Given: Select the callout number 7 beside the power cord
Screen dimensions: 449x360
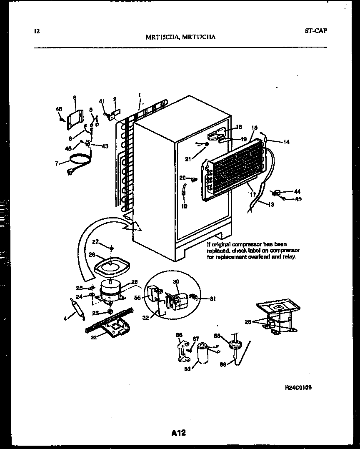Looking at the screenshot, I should (57, 164).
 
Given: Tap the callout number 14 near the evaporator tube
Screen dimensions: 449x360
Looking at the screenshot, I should (286, 142).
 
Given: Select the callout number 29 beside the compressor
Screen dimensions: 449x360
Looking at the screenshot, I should (134, 282).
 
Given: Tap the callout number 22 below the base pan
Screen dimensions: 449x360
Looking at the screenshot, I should (94, 337).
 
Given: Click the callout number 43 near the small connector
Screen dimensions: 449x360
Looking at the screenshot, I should (105, 145).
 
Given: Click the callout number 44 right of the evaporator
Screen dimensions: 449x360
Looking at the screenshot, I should (297, 191).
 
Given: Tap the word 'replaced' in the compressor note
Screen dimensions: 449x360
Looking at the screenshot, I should (217, 251).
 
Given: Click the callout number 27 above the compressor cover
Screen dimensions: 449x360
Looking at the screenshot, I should (95, 241).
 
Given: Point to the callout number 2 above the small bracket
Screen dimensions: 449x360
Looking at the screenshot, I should (115, 100).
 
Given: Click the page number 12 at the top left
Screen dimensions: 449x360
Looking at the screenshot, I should (37, 31).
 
